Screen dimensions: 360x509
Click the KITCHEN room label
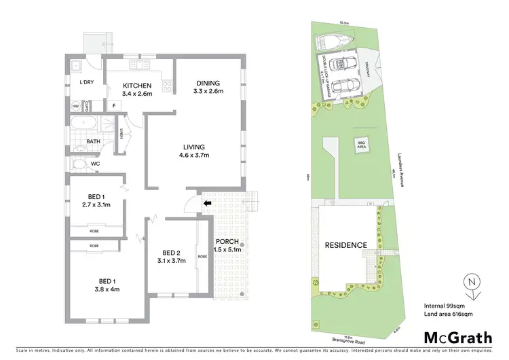point(136,85)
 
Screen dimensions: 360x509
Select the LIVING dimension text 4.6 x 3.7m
point(194,156)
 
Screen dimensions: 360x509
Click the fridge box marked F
point(114,106)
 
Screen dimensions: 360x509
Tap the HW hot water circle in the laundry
point(75,106)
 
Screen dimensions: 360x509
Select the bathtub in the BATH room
point(83,124)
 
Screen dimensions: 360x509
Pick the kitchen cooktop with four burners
point(165,85)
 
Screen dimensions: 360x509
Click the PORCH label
point(226,242)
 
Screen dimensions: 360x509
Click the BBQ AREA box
point(362,143)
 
